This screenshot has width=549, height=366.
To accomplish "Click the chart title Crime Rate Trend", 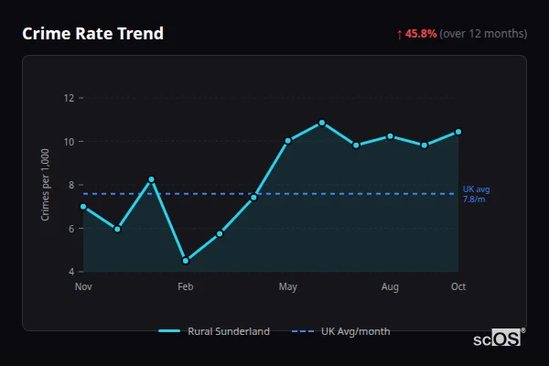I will click(92, 34).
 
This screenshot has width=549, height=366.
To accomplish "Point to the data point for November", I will click(83, 207).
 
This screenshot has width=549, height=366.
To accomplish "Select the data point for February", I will click(186, 261).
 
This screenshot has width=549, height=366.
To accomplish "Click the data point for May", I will click(287, 141).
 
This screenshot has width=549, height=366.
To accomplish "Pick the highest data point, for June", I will click(322, 123).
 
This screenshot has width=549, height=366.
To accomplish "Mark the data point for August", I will click(390, 136).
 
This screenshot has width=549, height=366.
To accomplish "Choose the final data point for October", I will click(458, 132).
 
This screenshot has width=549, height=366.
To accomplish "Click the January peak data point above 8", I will click(151, 179).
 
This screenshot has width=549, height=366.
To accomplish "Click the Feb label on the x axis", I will click(186, 286).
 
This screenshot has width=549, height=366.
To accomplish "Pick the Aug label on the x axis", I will click(390, 286).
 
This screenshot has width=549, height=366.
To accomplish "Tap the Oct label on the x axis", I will click(458, 286).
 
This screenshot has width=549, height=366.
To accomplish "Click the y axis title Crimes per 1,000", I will click(45, 185).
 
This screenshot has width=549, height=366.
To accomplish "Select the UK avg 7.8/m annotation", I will click(476, 194).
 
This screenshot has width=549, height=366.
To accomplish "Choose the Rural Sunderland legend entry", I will click(215, 331).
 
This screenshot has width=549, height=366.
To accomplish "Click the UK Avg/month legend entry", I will click(341, 331).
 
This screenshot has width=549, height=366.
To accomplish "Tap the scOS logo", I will click(499, 339).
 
